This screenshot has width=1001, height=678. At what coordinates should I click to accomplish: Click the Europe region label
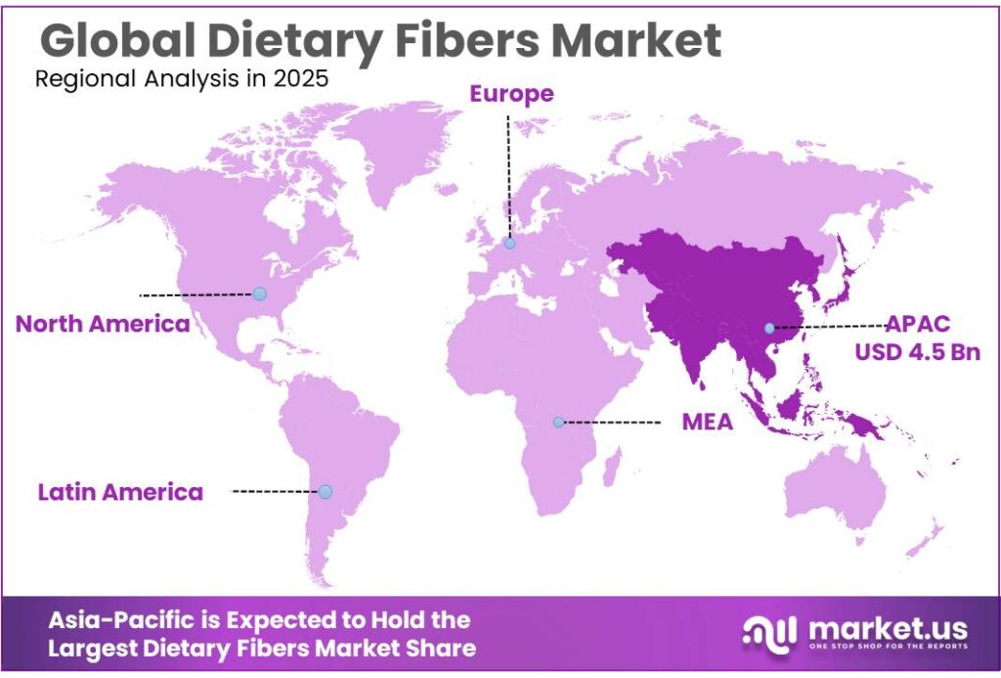point(511,94)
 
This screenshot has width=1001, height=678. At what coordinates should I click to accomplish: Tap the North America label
point(103,324)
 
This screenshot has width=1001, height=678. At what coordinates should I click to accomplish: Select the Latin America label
point(120,491)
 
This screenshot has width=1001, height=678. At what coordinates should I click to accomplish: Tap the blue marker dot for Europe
point(509,243)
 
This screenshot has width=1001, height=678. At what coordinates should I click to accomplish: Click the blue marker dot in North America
point(259,294)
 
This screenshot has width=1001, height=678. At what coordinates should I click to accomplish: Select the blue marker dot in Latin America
point(326,491)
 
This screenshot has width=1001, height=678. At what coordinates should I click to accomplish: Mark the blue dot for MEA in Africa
point(558,423)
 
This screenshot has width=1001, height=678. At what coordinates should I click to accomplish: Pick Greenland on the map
point(398,143)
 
